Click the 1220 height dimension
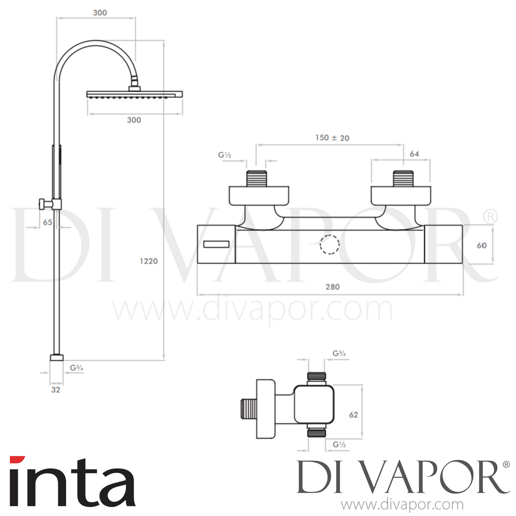coord(149,261)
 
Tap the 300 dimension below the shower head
coord(134,120)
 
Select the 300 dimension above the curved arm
coord(100,13)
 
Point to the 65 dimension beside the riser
coord(47,222)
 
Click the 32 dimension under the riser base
coord(56,390)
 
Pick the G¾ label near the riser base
coord(76,368)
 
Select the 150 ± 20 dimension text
coord(332,138)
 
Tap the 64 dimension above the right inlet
coord(414,154)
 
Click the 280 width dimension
coord(332,287)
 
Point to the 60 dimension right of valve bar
coord(482,245)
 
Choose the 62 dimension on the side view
coord(353,415)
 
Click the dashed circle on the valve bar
coord(330,245)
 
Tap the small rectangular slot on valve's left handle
coord(216,244)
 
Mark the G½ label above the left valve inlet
coord(225,155)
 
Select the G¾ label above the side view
coord(339,353)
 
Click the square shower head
coord(135,94)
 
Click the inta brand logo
coord(72,482)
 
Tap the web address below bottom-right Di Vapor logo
coord(402,505)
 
